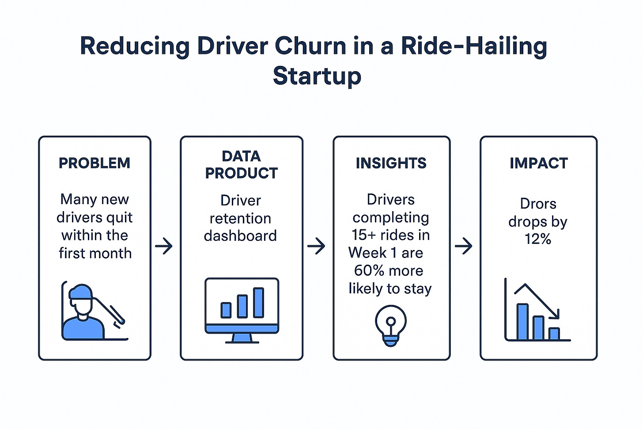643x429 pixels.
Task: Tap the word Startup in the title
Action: [x=317, y=76]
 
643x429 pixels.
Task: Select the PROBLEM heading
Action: [x=95, y=163]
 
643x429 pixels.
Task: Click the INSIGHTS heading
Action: [x=391, y=163]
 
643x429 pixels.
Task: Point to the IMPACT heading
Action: [x=538, y=163]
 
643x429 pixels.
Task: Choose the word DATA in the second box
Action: [x=241, y=156]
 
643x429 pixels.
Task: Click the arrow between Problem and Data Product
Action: [x=164, y=246]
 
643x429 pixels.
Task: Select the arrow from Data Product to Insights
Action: [x=316, y=246]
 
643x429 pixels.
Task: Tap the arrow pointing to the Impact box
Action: [x=464, y=246]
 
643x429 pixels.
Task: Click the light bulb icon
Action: [x=391, y=325]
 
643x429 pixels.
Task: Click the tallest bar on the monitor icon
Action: [x=258, y=303]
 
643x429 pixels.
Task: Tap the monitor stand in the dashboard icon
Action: [x=242, y=338]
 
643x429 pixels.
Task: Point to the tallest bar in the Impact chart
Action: [x=522, y=322]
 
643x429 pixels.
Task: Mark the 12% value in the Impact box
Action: [x=537, y=239]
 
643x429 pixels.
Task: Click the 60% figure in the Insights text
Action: [x=367, y=270]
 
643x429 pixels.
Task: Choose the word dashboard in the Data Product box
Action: [x=241, y=235]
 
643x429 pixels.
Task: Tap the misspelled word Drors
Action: [x=538, y=204]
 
